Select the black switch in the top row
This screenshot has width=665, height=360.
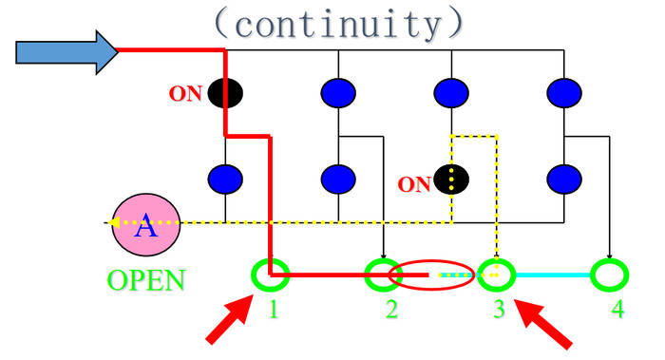pyautogui.click(x=225, y=93)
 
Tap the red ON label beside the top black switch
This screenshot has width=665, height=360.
pyautogui.click(x=186, y=94)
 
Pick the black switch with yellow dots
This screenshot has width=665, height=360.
pyautogui.click(x=451, y=179)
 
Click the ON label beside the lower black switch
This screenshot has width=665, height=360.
pyautogui.click(x=413, y=184)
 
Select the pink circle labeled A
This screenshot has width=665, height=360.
pyautogui.click(x=143, y=225)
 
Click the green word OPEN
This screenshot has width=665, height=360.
pyautogui.click(x=145, y=280)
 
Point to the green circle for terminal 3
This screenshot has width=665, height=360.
pyautogui.click(x=496, y=275)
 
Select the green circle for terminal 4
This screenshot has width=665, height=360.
pyautogui.click(x=609, y=275)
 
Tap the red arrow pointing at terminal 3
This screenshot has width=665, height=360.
pyautogui.click(x=546, y=322)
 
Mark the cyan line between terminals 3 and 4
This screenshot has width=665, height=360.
pyautogui.click(x=552, y=275)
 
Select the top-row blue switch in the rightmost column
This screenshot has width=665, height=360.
pyautogui.click(x=564, y=93)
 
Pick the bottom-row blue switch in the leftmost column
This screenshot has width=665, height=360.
pyautogui.click(x=225, y=179)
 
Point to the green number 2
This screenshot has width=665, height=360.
pyautogui.click(x=391, y=311)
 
